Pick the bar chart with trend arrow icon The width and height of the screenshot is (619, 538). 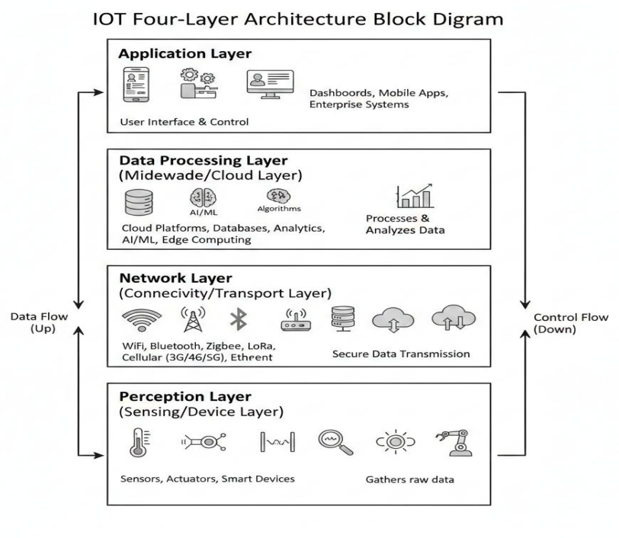click(x=414, y=196)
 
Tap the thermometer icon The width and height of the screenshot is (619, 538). click(x=140, y=441)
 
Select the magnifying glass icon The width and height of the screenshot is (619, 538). click(x=335, y=440)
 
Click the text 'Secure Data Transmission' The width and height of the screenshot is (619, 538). click(x=401, y=354)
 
